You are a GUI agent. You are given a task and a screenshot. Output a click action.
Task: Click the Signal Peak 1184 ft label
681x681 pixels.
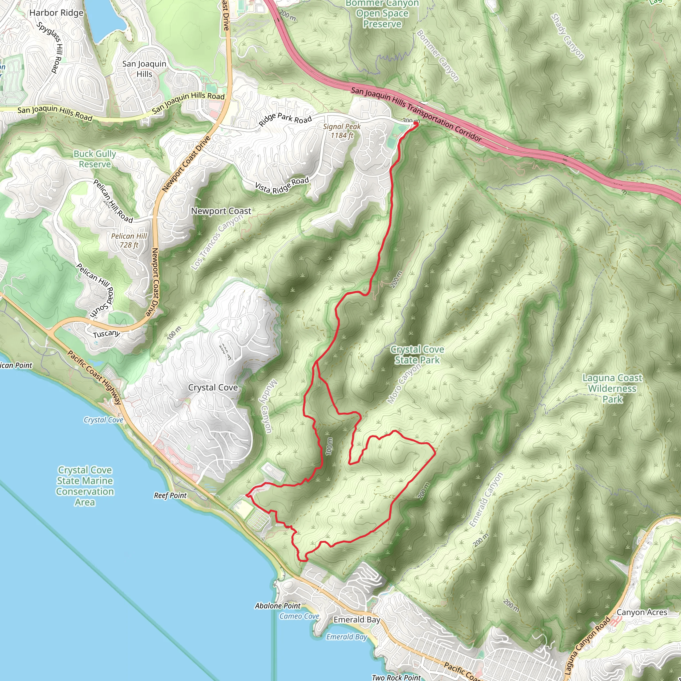[341, 131]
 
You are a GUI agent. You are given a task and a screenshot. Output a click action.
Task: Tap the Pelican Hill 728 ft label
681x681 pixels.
[129, 240]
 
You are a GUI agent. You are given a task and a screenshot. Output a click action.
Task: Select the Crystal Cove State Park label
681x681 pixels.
[417, 354]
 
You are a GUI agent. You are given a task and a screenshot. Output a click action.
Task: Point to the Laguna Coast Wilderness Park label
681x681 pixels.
[612, 388]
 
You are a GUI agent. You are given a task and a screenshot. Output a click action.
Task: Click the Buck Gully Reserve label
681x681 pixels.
[94, 159]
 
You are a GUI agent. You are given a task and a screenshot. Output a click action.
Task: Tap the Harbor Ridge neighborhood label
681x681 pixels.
[57, 13]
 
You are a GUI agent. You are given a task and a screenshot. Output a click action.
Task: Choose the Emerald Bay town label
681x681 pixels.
[357, 620]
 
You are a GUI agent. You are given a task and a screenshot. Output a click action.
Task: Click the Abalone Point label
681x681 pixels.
[278, 606]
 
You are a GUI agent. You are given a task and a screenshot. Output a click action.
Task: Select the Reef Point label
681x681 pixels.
[170, 495]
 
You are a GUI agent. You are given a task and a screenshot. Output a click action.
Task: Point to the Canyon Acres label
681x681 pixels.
[641, 612]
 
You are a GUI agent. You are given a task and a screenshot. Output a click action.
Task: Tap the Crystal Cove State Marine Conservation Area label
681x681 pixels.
[85, 486]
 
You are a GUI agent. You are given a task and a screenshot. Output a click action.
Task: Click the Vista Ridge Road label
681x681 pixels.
[282, 186]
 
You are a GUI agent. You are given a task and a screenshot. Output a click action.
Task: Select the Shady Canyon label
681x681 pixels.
[568, 36]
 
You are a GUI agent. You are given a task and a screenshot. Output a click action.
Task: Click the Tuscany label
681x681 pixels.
[107, 334]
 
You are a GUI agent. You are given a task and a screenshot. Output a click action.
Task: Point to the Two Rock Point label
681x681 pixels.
[396, 677]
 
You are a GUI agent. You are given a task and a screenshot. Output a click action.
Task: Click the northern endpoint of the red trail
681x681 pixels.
[417, 124]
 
